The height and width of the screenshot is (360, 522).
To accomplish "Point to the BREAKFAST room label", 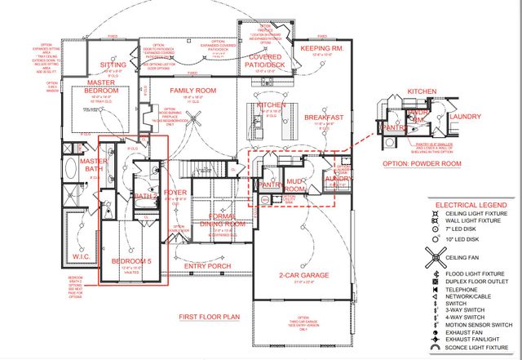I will (323, 117).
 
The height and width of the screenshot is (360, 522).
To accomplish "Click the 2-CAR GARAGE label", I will (303, 275).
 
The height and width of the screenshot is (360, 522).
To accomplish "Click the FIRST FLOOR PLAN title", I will (209, 314).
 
